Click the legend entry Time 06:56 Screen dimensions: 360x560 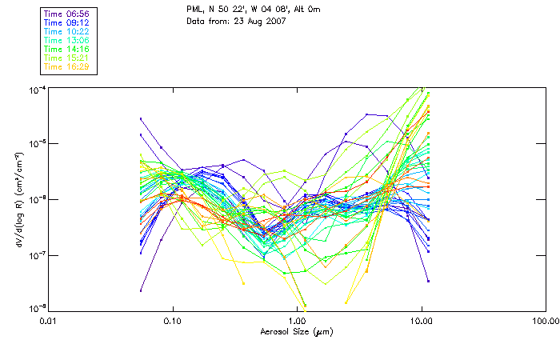coord(66,14)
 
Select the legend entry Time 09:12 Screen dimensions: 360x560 coord(66,22)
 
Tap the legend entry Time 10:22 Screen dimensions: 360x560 coord(66,31)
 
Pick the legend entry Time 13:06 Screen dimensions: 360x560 coord(66,40)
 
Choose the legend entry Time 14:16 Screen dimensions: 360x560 coord(66,49)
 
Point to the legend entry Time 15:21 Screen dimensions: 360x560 coord(66,58)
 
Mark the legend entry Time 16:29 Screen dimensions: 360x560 coord(66,66)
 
